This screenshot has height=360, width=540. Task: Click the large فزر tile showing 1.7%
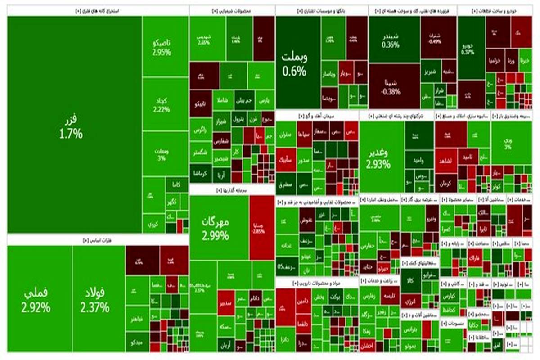[74, 126]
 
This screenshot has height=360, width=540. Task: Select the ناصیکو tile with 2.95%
[165, 47]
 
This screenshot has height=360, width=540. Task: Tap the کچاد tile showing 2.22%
[165, 104]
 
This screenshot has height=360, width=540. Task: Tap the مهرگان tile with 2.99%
[220, 228]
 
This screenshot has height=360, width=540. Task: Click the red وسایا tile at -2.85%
[261, 228]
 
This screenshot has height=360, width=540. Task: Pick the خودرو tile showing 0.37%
[471, 49]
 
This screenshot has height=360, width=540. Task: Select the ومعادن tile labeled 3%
[165, 154]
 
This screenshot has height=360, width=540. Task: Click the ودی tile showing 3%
[508, 143]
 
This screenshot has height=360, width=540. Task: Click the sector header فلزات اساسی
[98, 240]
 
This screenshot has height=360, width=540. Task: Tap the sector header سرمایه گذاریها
[232, 190]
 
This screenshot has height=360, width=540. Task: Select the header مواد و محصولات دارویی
[317, 283]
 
